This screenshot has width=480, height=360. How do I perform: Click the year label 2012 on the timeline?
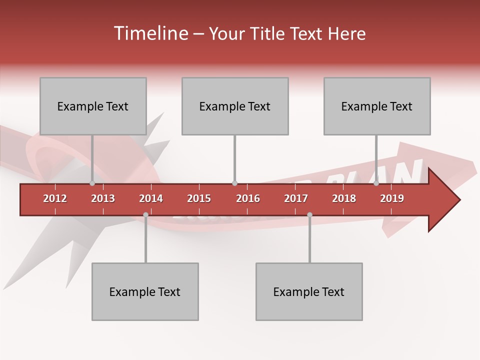pos(55,198)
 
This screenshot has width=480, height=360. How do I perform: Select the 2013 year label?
pos(103,198)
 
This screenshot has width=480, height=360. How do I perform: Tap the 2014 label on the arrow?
pos(151,198)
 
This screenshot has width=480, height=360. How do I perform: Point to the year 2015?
pos(199,198)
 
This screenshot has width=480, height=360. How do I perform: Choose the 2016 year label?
pos(248,198)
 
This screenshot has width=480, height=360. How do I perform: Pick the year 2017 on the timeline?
pos(296,198)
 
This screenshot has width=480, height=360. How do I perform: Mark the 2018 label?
pos(344,198)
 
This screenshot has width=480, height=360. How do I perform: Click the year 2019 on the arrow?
pos(392,198)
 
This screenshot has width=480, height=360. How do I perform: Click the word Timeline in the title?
pos(150,33)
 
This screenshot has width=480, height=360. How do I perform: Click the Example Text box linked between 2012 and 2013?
pos(93,106)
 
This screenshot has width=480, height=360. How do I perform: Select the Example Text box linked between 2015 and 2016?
pos(235,106)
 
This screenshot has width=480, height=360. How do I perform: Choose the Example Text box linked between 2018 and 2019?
pos(377,106)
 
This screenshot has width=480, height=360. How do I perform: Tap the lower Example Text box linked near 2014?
pos(145,291)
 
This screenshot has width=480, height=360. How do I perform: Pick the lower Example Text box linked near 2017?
pos(309,291)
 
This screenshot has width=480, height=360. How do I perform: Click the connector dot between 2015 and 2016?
pos(235,183)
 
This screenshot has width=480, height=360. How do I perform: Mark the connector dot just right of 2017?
pos(309,215)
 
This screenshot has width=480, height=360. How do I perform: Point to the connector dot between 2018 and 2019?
pos(376,183)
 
